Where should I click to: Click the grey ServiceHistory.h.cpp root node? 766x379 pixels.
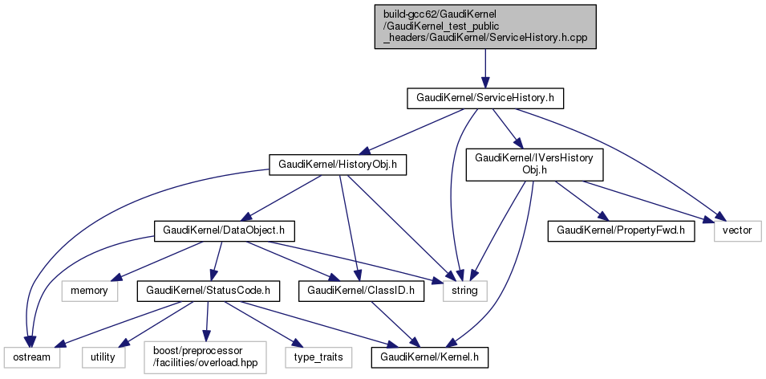[485, 26]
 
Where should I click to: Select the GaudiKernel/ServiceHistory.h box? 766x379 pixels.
[485, 99]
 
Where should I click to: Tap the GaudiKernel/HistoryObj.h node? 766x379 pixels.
[338, 166]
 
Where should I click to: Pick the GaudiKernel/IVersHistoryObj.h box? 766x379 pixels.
[534, 165]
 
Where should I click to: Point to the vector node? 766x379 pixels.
[737, 230]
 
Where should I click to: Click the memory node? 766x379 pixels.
[89, 290]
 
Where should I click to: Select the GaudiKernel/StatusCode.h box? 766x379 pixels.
[208, 290]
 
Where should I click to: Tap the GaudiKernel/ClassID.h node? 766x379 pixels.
[360, 290]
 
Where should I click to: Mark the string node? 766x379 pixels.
[464, 290]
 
